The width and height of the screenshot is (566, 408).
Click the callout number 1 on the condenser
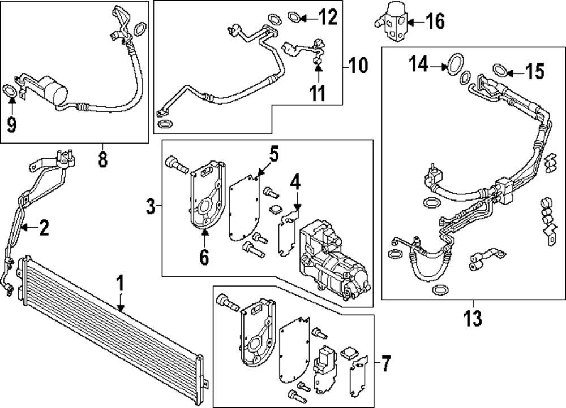[119, 283]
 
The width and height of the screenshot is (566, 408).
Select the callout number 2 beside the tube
[44, 228]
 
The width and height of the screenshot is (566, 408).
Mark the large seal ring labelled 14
[453, 65]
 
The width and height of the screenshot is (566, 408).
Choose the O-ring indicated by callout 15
[499, 70]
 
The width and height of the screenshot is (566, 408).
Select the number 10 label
[358, 66]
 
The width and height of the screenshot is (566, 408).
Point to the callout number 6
[204, 257]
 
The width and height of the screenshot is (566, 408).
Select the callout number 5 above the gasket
[273, 153]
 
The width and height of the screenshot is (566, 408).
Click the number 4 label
[295, 183]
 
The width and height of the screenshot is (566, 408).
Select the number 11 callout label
[318, 92]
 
